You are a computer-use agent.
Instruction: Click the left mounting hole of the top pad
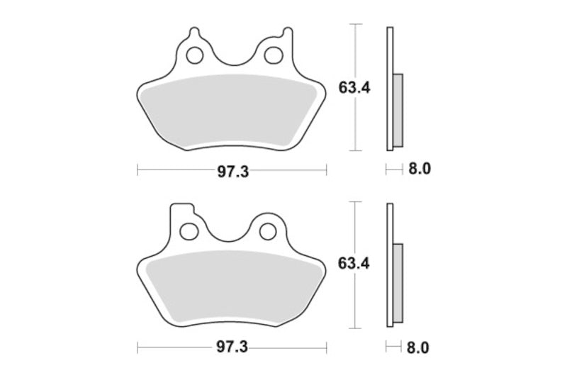tap(194, 54)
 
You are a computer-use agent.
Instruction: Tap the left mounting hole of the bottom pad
tap(189, 231)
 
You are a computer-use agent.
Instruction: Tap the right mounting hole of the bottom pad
tap(266, 231)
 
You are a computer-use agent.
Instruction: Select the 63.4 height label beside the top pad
tap(352, 87)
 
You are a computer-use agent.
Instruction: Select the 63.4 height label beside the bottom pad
tap(352, 265)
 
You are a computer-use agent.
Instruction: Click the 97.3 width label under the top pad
tap(232, 171)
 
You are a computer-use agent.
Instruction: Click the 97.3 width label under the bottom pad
tap(232, 348)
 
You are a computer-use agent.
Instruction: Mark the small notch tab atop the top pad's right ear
tap(286, 31)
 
